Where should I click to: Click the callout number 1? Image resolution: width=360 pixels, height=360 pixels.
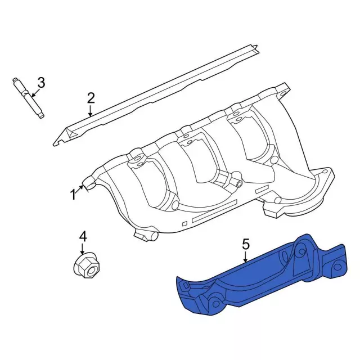click(x=73, y=195)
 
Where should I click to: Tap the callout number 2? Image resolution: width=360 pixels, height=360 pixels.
click(x=91, y=98)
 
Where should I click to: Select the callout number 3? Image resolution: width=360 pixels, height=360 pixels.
click(x=40, y=83)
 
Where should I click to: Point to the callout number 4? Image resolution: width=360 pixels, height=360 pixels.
click(x=83, y=237)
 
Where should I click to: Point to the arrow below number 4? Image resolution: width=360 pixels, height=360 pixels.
click(x=83, y=250)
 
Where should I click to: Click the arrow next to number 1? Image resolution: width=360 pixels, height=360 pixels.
click(x=83, y=188)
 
